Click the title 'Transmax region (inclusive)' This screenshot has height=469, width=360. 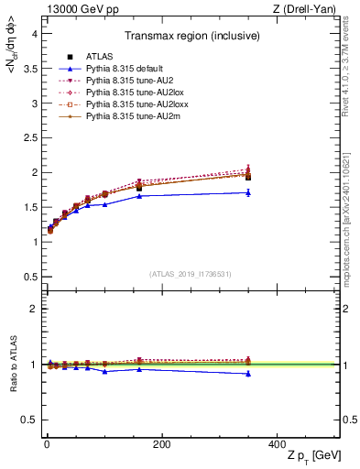(191, 38)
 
